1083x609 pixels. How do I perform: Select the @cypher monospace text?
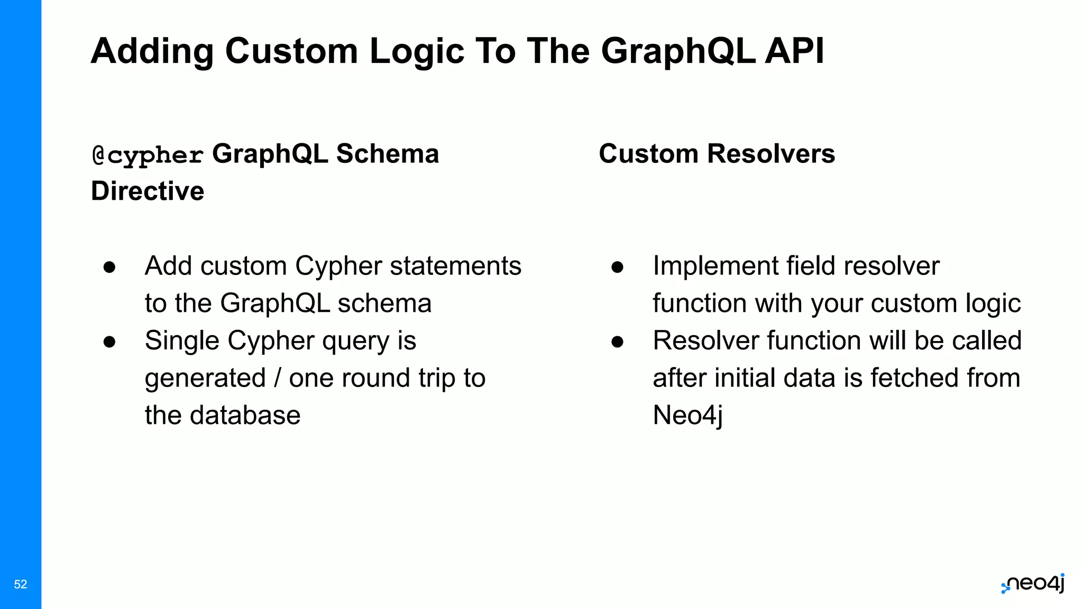(x=148, y=155)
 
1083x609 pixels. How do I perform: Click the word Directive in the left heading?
(x=148, y=191)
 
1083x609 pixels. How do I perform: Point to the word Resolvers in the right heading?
(x=771, y=154)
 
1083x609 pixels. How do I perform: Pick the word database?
(x=245, y=416)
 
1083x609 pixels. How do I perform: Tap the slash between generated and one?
(x=278, y=378)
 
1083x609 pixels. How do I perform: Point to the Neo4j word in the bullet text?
(x=687, y=416)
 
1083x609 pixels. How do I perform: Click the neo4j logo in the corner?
(x=1033, y=584)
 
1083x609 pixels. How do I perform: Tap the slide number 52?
(x=21, y=584)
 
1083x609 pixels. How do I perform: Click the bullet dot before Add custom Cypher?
(x=109, y=267)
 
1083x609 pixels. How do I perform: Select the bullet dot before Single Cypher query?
(x=109, y=342)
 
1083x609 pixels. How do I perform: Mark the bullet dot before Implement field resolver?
(x=617, y=267)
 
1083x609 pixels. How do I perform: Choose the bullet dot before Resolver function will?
(x=617, y=342)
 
